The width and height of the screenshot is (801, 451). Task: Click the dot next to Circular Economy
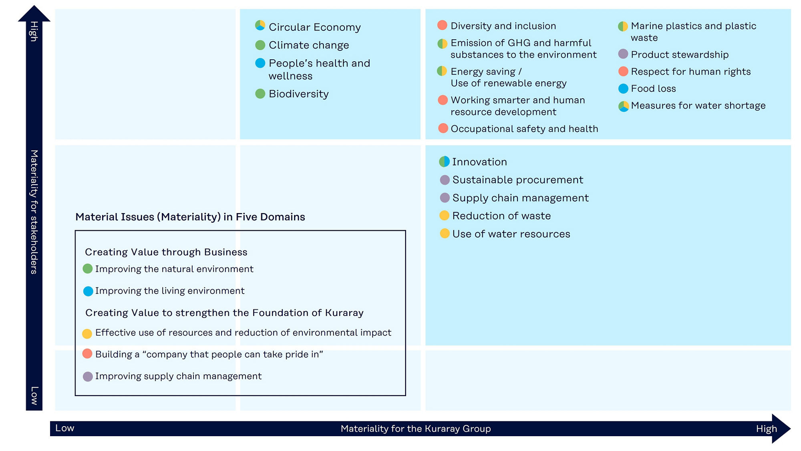(x=260, y=26)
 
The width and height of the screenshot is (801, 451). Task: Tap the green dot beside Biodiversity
(x=260, y=94)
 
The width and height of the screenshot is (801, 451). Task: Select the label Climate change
(x=309, y=45)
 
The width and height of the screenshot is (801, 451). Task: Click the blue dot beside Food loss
(x=623, y=89)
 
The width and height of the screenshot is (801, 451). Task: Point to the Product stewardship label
(x=680, y=54)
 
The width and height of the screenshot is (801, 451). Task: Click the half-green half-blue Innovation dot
(x=444, y=161)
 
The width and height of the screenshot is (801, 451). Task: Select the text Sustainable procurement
(x=517, y=180)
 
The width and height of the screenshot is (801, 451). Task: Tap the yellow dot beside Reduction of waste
(x=444, y=215)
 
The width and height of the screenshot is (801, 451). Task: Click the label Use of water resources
(x=511, y=234)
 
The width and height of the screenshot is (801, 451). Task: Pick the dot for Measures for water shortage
(x=624, y=106)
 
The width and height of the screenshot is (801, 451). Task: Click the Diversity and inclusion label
(x=503, y=26)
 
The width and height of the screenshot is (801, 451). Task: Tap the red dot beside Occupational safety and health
(x=443, y=128)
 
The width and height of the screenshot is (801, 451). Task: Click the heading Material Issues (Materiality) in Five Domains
(x=190, y=217)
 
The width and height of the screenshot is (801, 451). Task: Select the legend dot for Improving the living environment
(x=88, y=291)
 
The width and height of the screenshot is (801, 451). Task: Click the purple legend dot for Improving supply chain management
(x=88, y=377)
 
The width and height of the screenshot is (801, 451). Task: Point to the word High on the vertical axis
(x=34, y=31)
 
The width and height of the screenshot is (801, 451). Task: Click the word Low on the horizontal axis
(x=65, y=428)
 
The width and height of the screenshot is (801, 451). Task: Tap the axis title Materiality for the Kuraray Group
(x=416, y=429)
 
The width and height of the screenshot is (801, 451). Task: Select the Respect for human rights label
(x=690, y=72)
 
